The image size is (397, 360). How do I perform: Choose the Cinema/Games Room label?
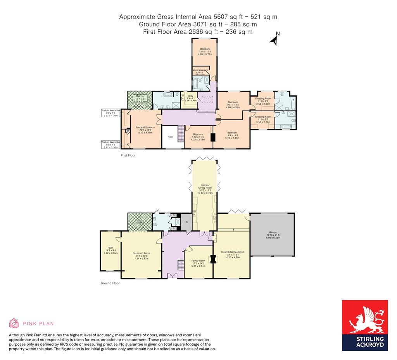coord(233,254)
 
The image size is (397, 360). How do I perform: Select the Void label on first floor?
coord(170,137)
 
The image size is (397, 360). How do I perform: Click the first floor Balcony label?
coord(140,98)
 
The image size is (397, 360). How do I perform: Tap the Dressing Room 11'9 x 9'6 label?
coord(262,100)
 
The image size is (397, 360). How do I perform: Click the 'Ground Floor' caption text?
coord(110,283)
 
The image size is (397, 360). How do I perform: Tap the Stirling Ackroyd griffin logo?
coord(364,320)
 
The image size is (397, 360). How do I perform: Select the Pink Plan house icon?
coord(14,323)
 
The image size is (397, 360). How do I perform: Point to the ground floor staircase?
coord(180,266)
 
